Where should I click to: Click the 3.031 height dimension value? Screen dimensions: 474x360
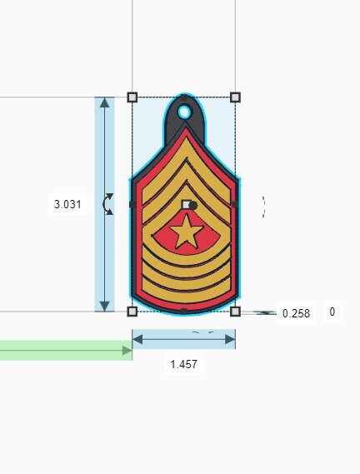pos(67,204)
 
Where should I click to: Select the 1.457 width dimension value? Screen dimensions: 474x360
pos(183,364)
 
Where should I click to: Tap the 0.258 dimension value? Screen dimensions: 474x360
pos(296,313)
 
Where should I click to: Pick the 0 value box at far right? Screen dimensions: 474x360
pos(332,312)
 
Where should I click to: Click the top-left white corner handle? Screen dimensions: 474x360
pos(132,97)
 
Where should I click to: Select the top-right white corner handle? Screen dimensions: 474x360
pos(235,97)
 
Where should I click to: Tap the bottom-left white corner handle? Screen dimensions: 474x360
pos(132,312)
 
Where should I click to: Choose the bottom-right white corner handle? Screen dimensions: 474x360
pos(235,312)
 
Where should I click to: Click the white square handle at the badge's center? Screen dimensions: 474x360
pos(186,204)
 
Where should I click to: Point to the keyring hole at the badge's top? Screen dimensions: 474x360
pos(184,111)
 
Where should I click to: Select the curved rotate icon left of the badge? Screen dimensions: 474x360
pos(108,204)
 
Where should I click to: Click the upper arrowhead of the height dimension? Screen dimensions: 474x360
pos(104,103)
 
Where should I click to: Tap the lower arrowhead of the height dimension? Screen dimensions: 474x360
pos(104,305)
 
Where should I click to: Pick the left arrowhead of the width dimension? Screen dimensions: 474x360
pos(137,339)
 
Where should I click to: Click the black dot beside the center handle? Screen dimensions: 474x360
pos(192,205)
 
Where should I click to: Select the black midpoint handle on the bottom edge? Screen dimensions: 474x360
pos(183,312)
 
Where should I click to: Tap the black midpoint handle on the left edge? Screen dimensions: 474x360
pos(132,204)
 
